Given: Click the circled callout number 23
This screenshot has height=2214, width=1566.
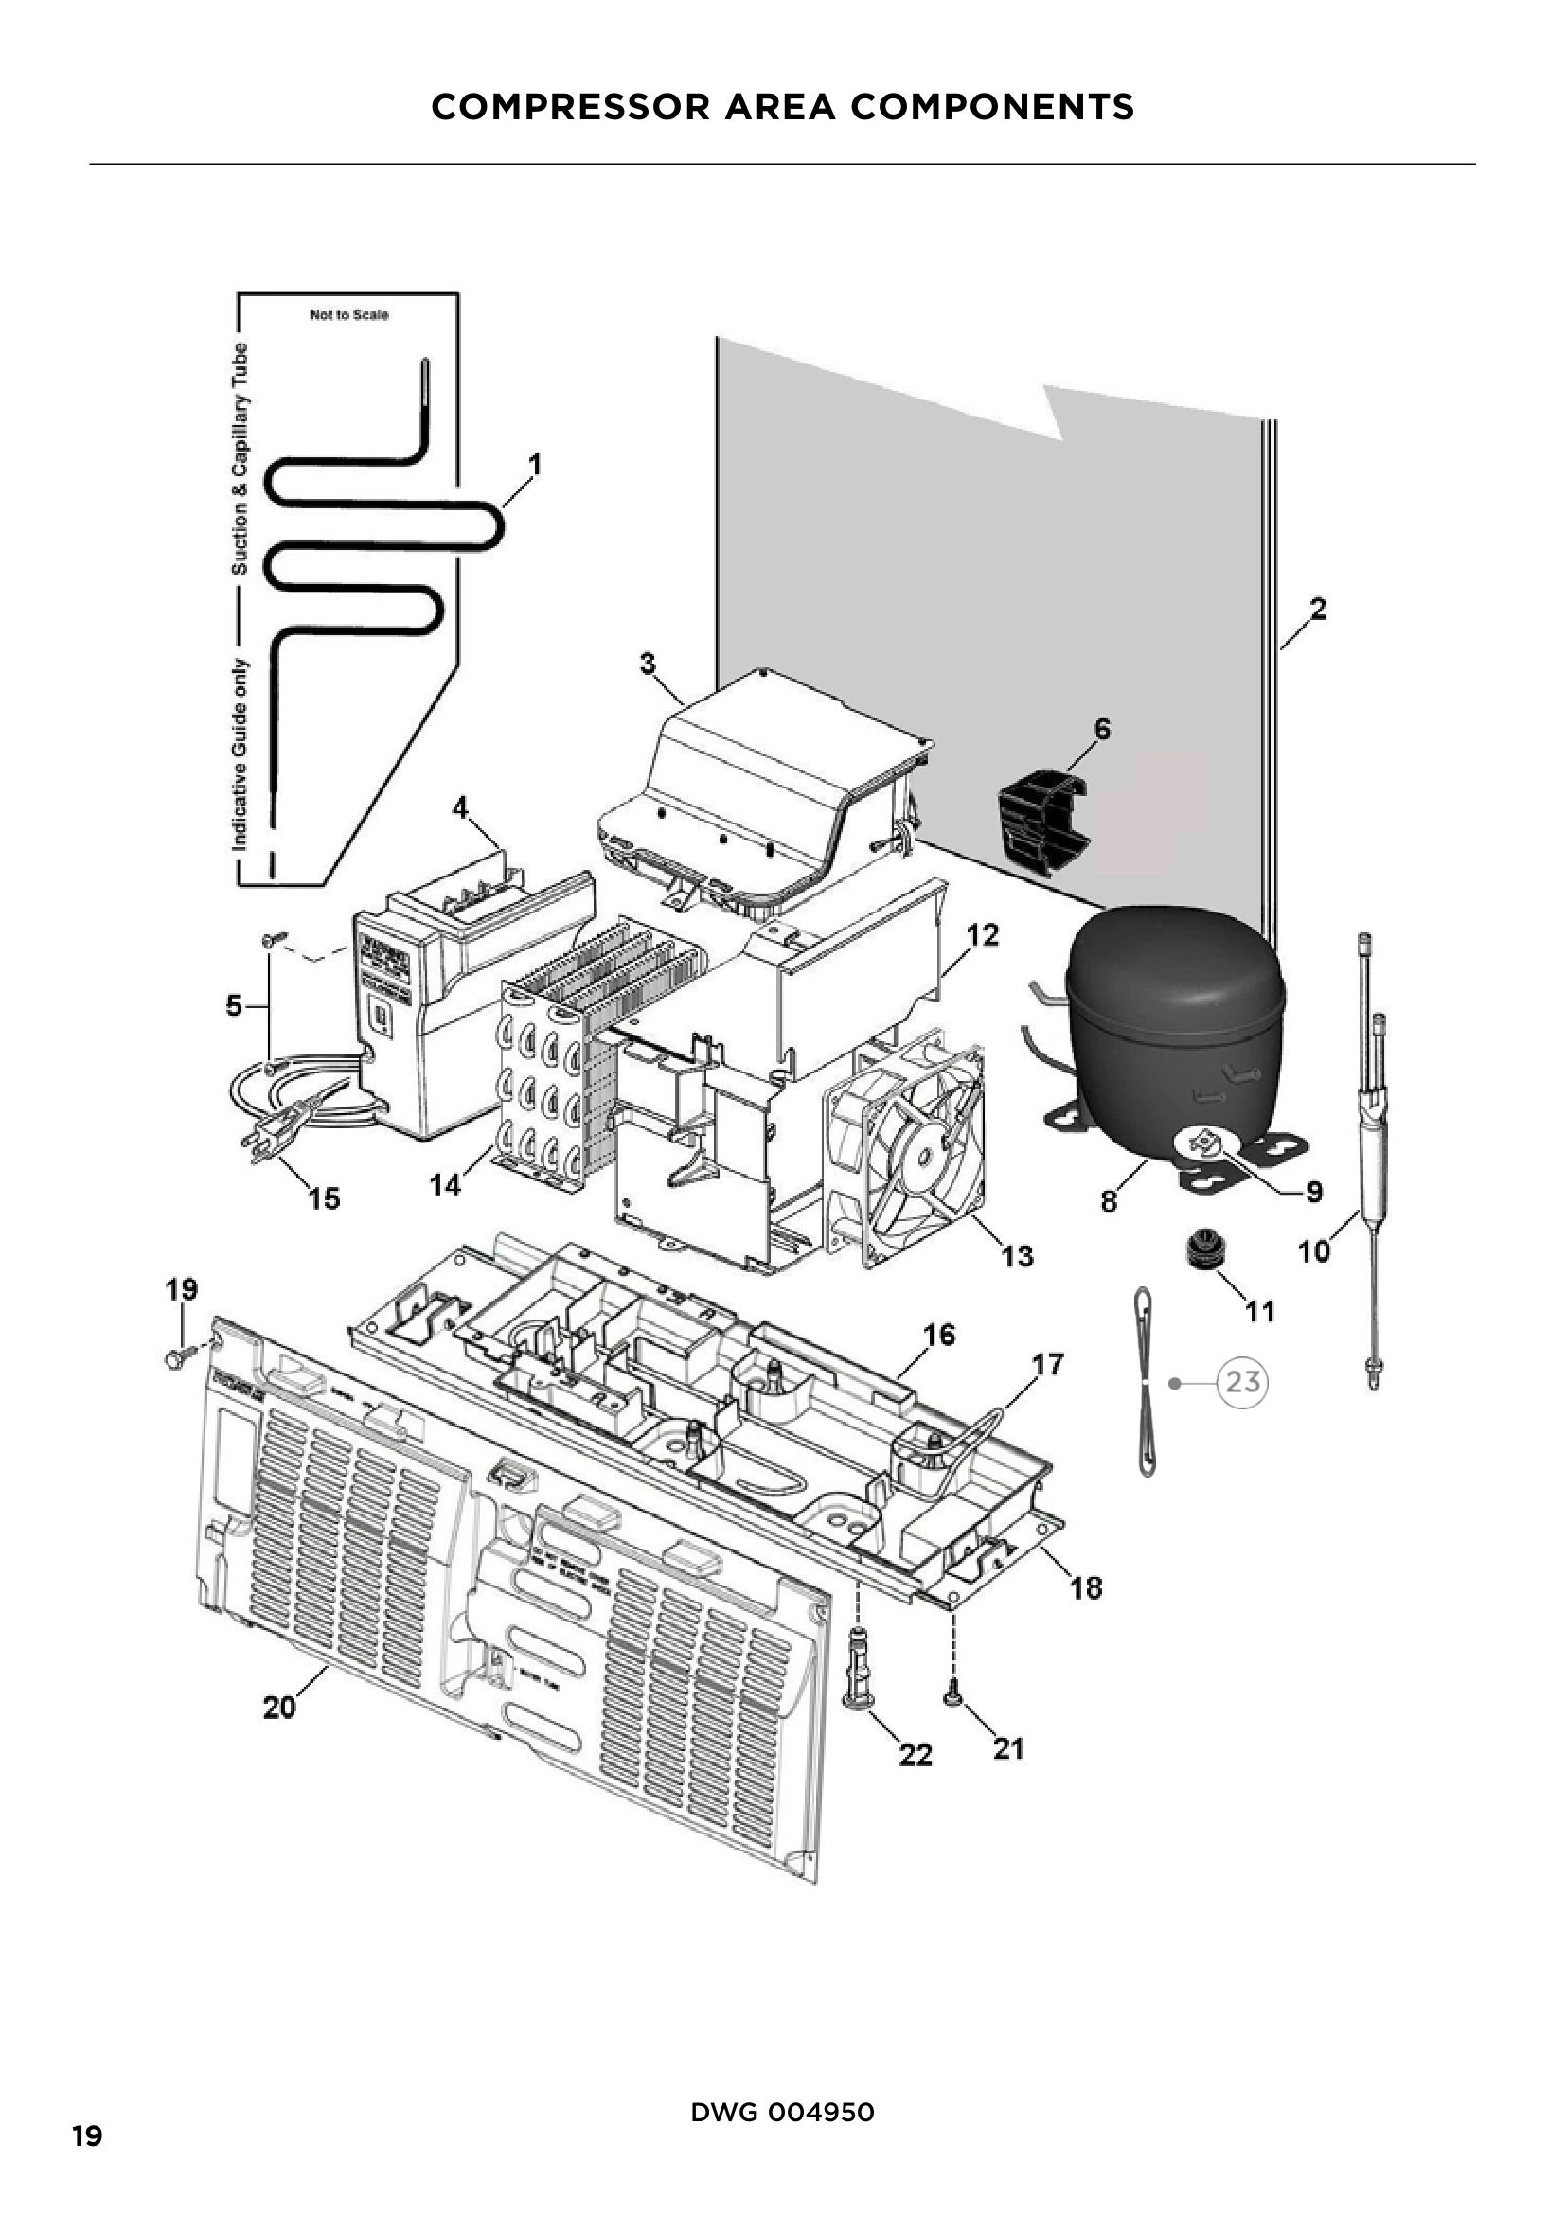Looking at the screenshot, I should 1242,1383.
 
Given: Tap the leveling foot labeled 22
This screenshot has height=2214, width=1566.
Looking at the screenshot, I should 856,1669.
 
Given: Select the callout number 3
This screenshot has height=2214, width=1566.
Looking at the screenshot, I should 648,664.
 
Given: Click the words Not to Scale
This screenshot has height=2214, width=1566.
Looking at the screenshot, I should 349,314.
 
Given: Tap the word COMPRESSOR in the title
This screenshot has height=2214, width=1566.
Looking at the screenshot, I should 570,106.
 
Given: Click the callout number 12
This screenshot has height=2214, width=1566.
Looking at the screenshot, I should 983,934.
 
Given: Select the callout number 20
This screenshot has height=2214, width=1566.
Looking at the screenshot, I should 279,1708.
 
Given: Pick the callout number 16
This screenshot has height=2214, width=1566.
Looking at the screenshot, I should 938,1335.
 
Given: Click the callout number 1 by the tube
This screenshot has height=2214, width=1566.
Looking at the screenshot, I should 535,465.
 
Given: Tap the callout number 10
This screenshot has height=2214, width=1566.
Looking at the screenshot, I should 1314,1251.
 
